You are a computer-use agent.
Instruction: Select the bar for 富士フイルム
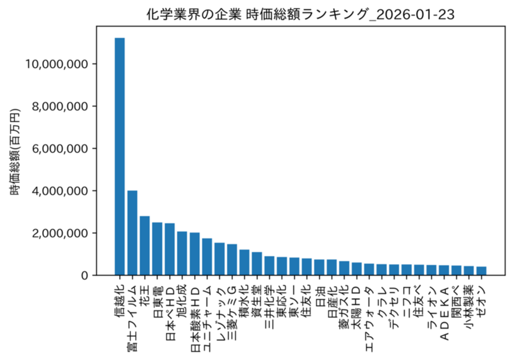click(x=132, y=233)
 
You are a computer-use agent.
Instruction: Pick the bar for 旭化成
click(x=182, y=253)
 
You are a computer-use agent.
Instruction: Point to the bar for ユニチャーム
click(x=207, y=257)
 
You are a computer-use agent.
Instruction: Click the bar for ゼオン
click(x=481, y=271)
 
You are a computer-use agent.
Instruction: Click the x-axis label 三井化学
click(x=270, y=306)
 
